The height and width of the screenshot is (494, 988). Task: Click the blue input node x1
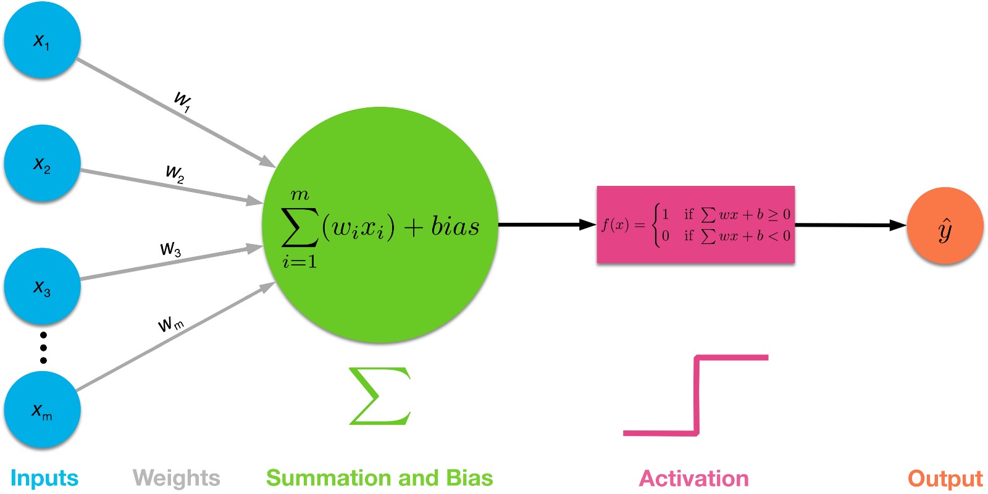[42, 40]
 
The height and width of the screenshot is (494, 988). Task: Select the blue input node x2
[42, 164]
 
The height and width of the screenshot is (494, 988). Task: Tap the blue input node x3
[42, 287]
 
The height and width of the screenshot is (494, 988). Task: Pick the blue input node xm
[42, 410]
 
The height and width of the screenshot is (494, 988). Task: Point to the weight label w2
[175, 174]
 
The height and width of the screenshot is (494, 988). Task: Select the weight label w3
[170, 249]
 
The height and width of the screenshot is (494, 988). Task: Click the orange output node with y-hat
[945, 226]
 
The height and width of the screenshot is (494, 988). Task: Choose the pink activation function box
[695, 225]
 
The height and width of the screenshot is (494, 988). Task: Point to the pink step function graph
[697, 395]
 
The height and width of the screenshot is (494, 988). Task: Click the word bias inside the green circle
[455, 227]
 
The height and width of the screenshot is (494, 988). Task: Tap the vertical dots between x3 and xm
[43, 348]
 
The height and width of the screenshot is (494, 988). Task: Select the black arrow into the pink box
[547, 225]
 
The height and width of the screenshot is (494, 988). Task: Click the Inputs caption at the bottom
[44, 479]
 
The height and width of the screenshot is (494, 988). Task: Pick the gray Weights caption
[177, 479]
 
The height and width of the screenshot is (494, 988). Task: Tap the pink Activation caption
[693, 479]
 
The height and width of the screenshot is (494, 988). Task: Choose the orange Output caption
[945, 479]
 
